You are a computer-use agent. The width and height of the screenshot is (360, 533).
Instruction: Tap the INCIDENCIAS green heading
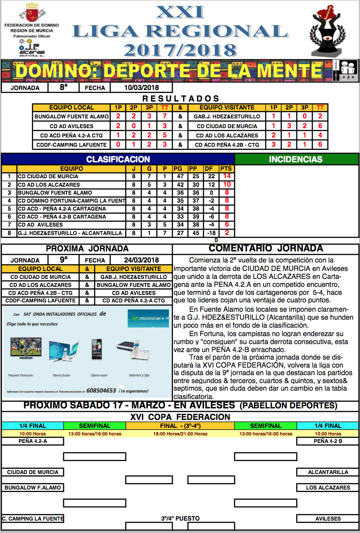[x=296, y=159]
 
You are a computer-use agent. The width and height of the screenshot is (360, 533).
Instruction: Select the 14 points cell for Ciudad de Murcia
[x=227, y=176]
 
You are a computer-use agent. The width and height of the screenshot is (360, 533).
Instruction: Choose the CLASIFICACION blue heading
[x=118, y=159]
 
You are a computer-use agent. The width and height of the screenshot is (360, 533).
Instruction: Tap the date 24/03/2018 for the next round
[x=141, y=260]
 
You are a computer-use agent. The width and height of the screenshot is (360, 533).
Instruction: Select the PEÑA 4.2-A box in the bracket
[x=33, y=441]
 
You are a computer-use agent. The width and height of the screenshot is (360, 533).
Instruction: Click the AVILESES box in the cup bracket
[x=328, y=518]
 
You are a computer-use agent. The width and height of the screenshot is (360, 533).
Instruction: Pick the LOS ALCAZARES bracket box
[x=328, y=488]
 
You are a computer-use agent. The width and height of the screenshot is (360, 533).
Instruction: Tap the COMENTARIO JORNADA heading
[x=266, y=248]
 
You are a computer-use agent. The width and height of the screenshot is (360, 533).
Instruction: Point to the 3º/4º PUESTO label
[x=180, y=518]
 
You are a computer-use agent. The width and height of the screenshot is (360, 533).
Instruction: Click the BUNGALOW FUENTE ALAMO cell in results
[x=71, y=116]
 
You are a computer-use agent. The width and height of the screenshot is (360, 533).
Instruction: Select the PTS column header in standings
[x=227, y=169]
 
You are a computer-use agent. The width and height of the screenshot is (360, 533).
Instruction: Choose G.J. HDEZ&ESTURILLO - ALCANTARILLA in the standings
[x=70, y=233]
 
